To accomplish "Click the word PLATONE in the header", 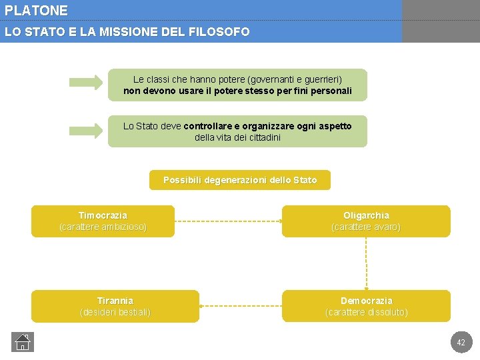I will point(36,11).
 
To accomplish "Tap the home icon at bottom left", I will point(22,342).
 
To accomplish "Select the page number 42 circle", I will point(461,342).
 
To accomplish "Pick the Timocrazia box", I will point(103,221).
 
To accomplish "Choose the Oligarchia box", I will point(365,221).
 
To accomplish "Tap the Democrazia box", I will point(365,306).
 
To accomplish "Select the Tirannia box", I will point(115,306).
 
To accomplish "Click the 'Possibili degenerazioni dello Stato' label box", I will point(239,180).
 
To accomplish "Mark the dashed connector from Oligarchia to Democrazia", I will point(365,263).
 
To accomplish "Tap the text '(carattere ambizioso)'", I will point(103,227).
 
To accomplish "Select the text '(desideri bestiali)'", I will point(115,312).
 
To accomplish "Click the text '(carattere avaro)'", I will point(365,227).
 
